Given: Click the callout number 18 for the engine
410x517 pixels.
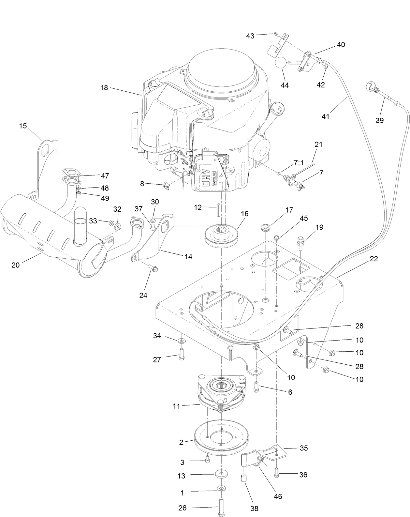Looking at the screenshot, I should [104, 88].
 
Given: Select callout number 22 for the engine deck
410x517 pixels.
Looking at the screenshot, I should [374, 259].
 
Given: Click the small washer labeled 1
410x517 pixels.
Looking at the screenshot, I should [222, 488].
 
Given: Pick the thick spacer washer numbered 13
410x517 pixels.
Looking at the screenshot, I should [222, 474].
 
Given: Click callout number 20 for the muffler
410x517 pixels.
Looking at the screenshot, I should [15, 265].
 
